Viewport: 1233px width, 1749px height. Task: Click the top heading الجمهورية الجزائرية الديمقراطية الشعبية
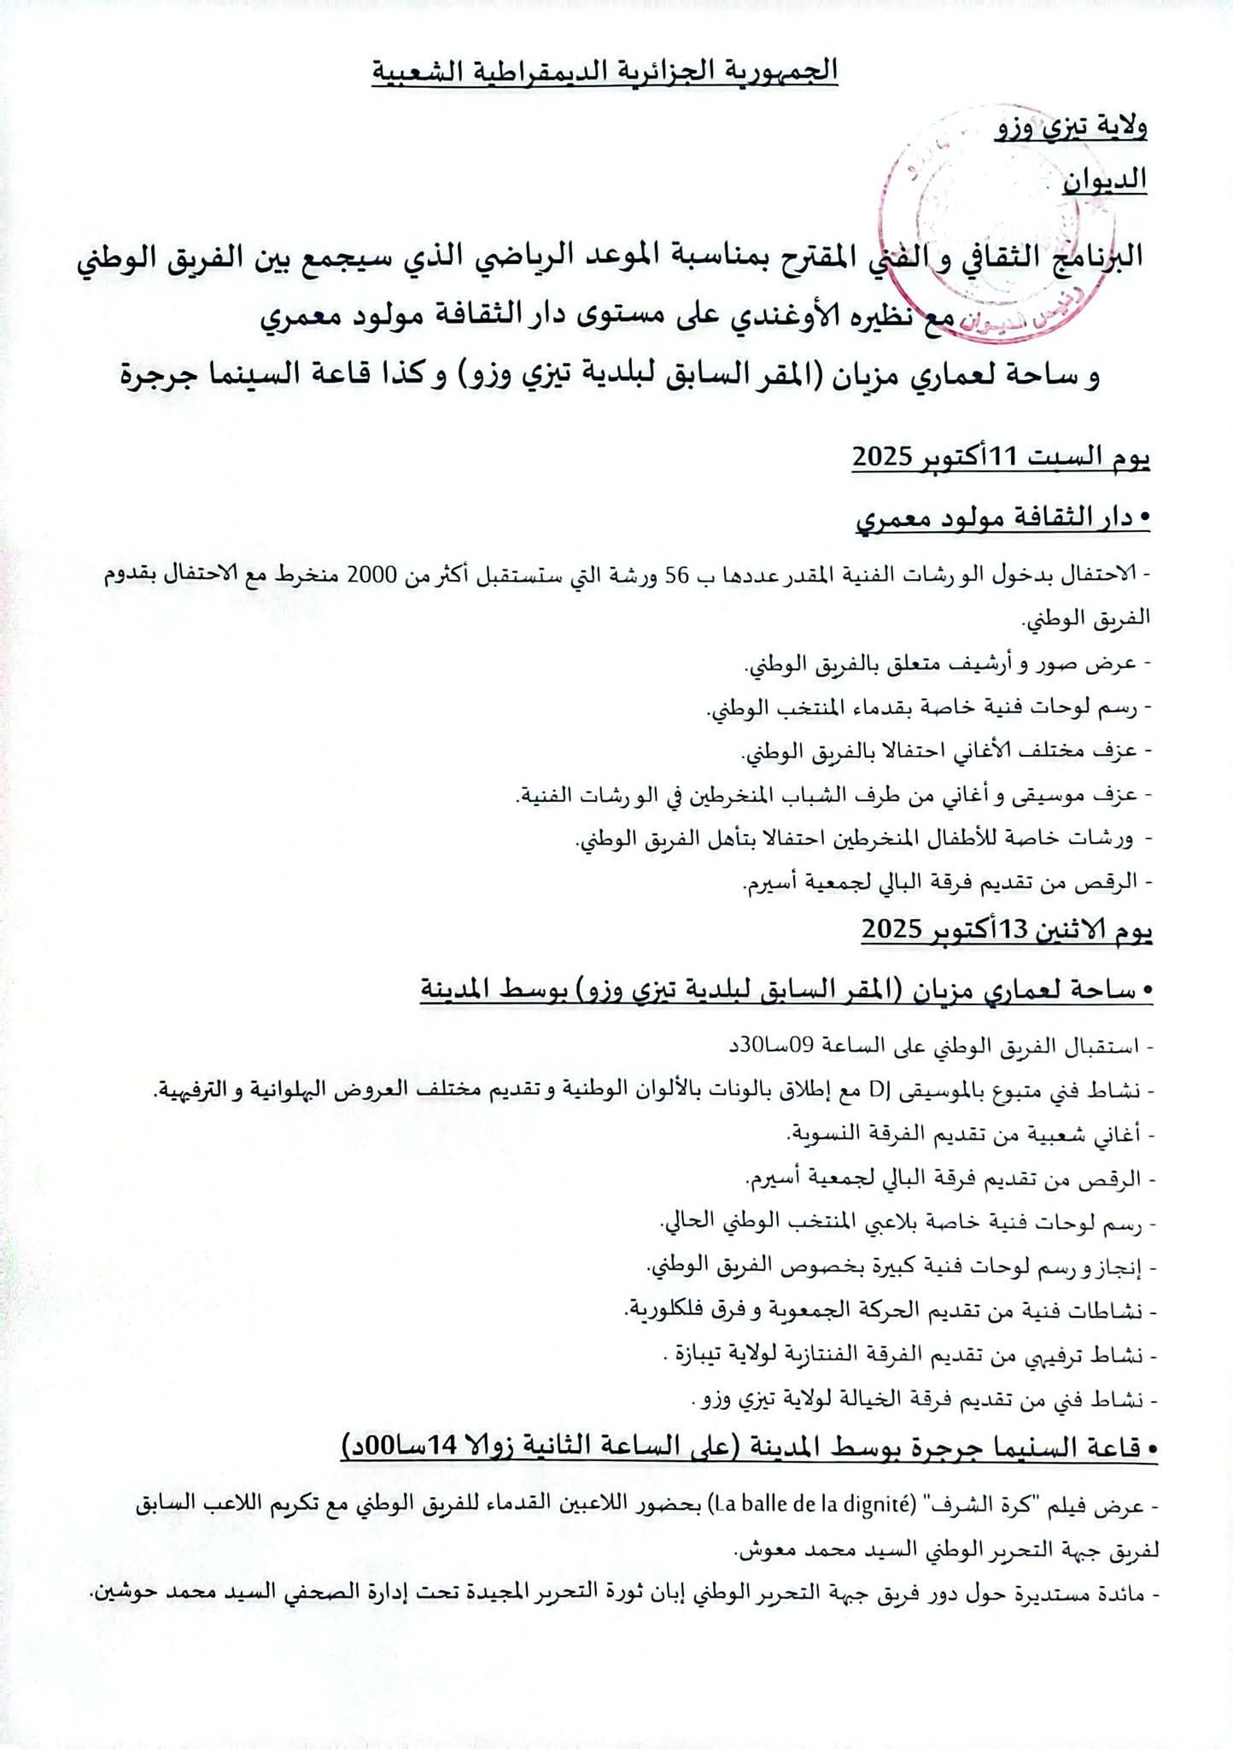[605, 72]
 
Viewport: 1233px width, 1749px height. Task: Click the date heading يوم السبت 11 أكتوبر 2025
[1001, 459]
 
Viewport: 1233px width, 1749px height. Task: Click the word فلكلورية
[665, 1310]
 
